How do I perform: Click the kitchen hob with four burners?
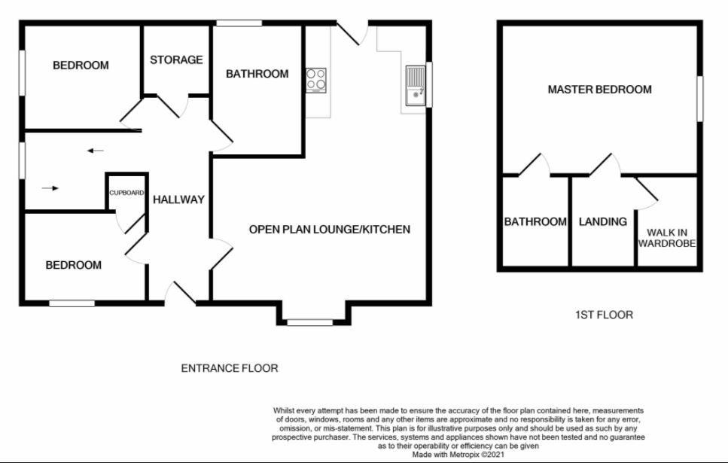tap(315, 80)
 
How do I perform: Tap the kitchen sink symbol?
tap(416, 86)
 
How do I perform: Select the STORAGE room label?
tap(176, 60)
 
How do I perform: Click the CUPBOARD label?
tap(126, 193)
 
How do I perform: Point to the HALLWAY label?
tap(178, 200)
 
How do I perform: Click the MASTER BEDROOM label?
tap(599, 89)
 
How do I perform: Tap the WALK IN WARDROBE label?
tap(667, 238)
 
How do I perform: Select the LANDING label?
tap(602, 221)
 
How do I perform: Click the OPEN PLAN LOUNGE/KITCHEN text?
tap(330, 230)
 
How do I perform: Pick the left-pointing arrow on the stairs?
tap(96, 151)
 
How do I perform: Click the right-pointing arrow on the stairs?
tap(50, 188)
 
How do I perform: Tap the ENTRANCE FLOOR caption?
tap(230, 368)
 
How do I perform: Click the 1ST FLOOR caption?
tap(604, 315)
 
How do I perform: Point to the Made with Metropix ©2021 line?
tap(458, 455)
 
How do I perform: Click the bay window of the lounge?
tap(309, 321)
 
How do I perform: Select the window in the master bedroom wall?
tap(699, 99)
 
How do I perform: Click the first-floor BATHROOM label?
tap(535, 221)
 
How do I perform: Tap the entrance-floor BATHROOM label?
tap(257, 74)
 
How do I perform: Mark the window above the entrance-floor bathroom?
tap(239, 23)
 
